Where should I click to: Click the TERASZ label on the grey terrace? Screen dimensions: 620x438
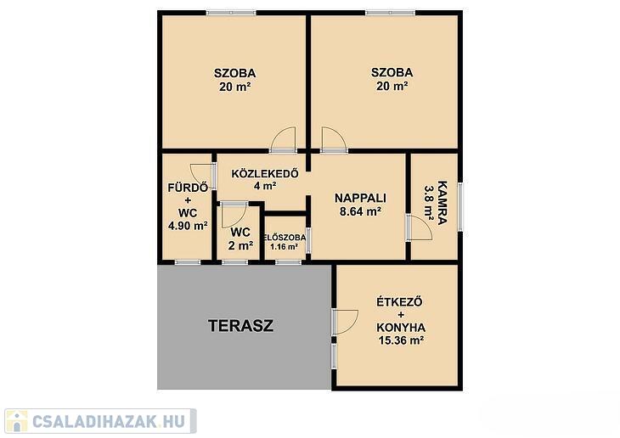[241, 326]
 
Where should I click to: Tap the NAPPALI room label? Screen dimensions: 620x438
[360, 198]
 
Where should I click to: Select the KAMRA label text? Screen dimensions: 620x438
[442, 203]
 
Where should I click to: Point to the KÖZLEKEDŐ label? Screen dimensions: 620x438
[265, 173]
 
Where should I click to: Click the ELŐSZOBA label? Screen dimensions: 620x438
[285, 238]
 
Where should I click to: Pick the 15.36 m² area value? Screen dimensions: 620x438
[402, 340]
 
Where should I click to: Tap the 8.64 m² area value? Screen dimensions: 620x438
[360, 211]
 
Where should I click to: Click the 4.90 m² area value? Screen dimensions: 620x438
[188, 226]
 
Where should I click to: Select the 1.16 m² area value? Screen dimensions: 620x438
[284, 247]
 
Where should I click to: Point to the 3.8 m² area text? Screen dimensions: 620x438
[429, 202]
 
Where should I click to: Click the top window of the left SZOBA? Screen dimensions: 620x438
[231, 13]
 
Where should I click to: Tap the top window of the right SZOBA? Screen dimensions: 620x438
[391, 13]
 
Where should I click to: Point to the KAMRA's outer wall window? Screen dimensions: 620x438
[460, 206]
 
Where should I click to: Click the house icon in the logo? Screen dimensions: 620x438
[17, 421]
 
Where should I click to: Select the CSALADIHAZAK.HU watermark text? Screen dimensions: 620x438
[109, 421]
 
